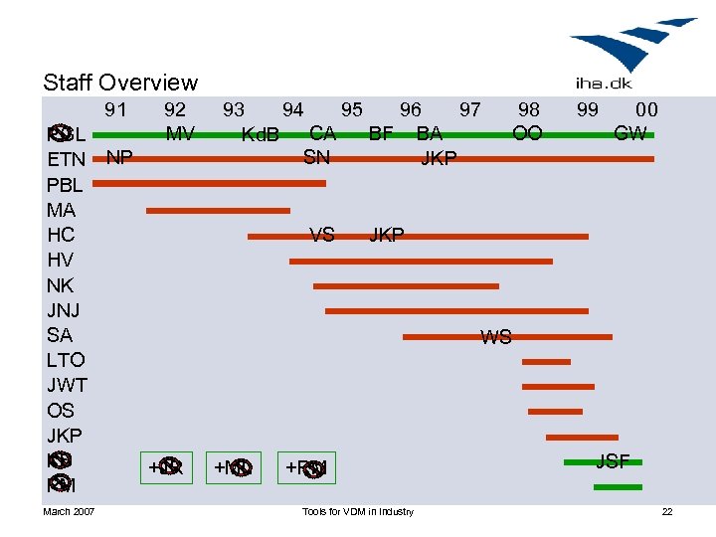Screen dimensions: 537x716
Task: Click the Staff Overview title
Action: coord(120,83)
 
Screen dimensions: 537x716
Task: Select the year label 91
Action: coord(115,109)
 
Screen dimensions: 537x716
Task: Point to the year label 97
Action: coord(469,109)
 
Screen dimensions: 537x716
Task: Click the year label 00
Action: coord(646,109)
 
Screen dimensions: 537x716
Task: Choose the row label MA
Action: coord(61,210)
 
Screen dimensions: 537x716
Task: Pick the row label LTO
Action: coord(66,360)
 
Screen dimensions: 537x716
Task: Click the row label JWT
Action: coord(67,385)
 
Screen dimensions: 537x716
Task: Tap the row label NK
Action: coord(60,285)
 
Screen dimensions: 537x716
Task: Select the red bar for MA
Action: coord(218,211)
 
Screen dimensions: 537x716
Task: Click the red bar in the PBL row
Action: coord(209,183)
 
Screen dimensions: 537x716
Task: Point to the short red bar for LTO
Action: coord(546,362)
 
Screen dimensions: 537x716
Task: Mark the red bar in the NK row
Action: coord(406,285)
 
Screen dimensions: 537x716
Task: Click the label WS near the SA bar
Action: coord(495,337)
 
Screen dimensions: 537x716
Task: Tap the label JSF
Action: coord(612,460)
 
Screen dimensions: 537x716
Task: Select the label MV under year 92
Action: coord(180,132)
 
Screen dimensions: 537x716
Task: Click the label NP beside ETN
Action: coord(119,157)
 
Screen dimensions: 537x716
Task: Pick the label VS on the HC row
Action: coord(321,236)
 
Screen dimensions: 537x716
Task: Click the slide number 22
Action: coord(667,511)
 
